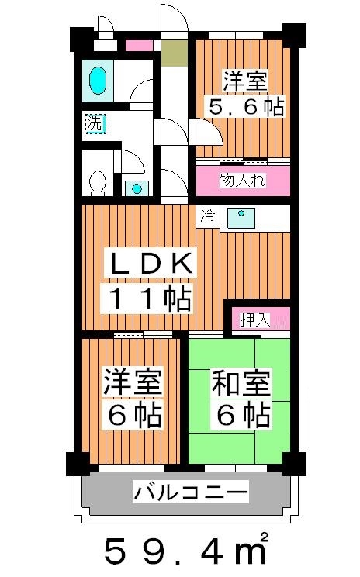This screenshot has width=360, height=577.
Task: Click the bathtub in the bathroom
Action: tap(97, 80)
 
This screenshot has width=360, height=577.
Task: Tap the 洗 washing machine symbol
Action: tap(94, 123)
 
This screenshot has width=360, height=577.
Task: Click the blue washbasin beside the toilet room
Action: tap(137, 188)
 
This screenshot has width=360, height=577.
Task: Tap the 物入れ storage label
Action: tap(242, 181)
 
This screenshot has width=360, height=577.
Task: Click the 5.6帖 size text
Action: tap(244, 106)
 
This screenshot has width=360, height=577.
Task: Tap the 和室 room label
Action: tap(240, 383)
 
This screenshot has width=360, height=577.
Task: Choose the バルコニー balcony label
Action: tap(191, 491)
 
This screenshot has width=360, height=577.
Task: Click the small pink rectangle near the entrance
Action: tap(140, 45)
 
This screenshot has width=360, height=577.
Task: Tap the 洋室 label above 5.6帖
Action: tap(246, 80)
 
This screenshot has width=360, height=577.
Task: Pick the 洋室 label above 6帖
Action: tap(133, 383)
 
